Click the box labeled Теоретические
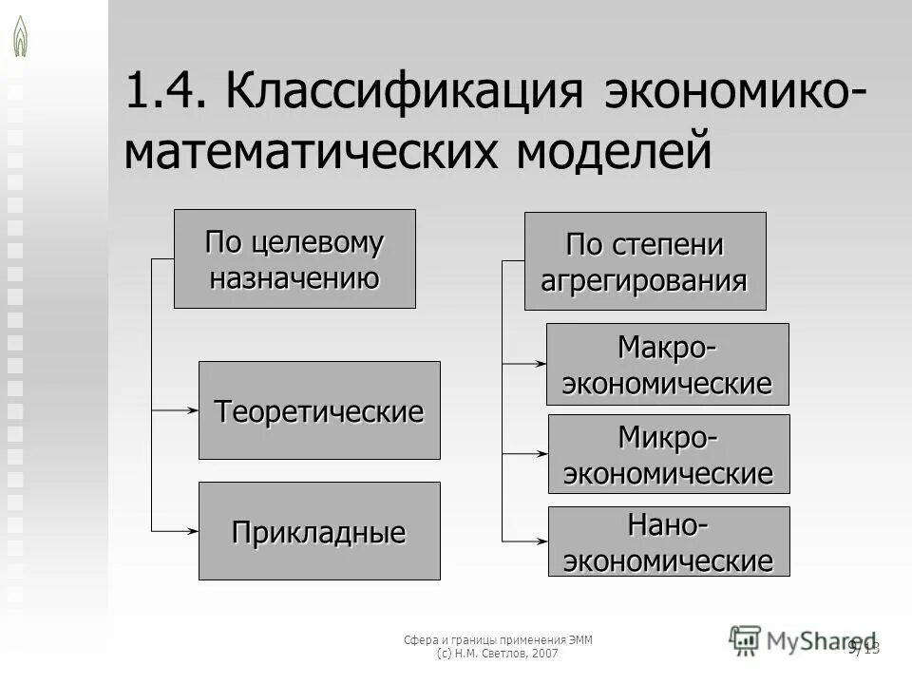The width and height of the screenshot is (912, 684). [x=319, y=410]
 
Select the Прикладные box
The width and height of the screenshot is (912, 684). [x=319, y=531]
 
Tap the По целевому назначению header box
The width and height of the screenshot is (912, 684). [x=294, y=259]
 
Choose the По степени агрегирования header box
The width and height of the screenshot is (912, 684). [x=645, y=261]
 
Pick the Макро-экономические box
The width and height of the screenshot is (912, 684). [x=668, y=365]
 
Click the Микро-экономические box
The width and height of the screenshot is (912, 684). [x=668, y=454]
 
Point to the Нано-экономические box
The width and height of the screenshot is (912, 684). [x=668, y=541]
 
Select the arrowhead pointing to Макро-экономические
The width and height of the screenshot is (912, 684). [x=541, y=363]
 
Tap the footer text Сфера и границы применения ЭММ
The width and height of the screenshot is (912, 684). [x=504, y=639]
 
